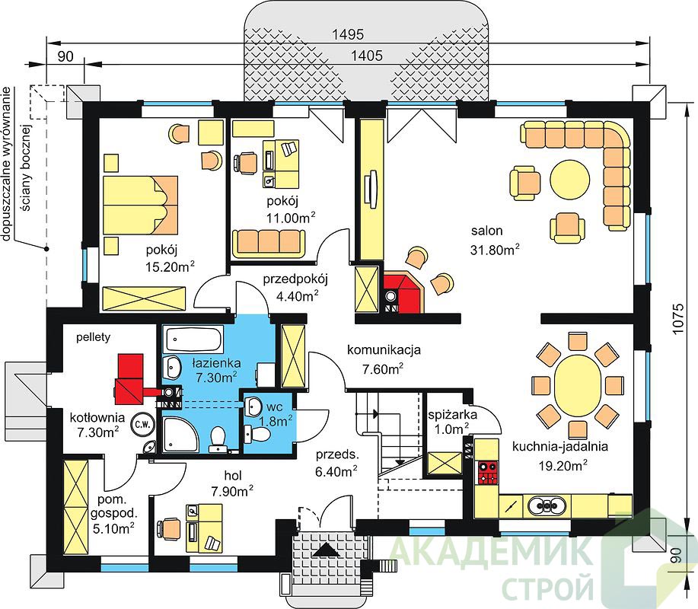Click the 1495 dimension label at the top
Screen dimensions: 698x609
click(x=348, y=34)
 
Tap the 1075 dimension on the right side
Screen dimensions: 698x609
click(x=677, y=319)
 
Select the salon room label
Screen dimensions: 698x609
click(x=487, y=231)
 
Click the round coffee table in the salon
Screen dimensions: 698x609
click(x=570, y=180)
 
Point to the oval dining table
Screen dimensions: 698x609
click(x=577, y=384)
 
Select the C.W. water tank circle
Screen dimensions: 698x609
click(x=142, y=425)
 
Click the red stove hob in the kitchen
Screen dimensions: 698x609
click(x=487, y=473)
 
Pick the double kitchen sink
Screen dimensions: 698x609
click(x=547, y=505)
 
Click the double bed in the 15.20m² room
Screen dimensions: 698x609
click(x=140, y=205)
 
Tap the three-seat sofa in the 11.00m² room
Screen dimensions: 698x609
click(x=269, y=243)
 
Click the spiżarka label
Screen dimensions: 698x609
click(x=452, y=415)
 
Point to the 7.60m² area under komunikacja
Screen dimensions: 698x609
click(x=383, y=368)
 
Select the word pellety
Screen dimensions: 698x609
click(x=93, y=337)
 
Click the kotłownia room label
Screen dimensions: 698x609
click(x=97, y=418)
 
